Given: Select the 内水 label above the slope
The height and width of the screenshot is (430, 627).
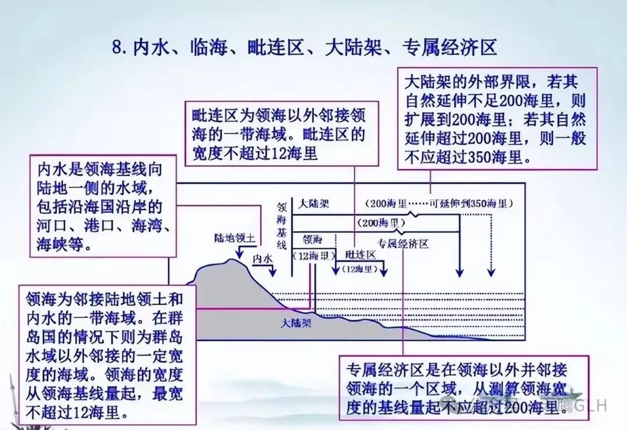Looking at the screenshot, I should tap(262, 259).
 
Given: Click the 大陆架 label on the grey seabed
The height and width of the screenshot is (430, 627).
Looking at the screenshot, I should tap(296, 322).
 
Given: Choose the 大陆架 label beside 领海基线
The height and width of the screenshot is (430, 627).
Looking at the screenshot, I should tap(313, 205).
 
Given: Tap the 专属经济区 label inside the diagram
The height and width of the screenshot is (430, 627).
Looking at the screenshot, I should tap(403, 243).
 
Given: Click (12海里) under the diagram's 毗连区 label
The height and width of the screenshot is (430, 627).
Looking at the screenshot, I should tap(359, 269).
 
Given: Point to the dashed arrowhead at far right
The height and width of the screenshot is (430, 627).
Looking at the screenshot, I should tap(492, 273).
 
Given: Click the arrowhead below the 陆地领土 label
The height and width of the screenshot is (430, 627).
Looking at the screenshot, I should tap(238, 252).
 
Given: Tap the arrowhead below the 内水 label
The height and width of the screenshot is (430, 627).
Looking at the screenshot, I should tap(275, 273).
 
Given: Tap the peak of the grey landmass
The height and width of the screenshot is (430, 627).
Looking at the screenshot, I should tap(233, 261).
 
